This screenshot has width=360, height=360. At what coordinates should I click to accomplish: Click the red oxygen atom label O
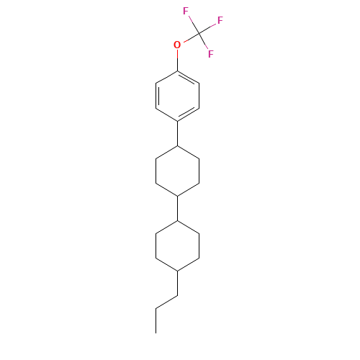coord(177,45)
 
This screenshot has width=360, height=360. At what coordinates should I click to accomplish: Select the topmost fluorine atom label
coord(186,12)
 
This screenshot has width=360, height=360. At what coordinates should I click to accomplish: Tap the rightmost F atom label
coord(220,21)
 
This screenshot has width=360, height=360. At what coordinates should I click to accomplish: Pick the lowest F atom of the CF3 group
coord(210,54)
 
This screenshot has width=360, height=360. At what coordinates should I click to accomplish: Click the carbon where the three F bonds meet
coord(199,32)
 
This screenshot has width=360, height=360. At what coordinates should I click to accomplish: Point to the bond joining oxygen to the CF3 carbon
coord(188,39)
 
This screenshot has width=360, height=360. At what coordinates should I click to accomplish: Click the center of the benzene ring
coord(177,96)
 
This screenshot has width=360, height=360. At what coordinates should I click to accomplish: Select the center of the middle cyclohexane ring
coord(177,171)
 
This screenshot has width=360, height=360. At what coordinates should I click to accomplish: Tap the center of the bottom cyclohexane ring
coord(177,246)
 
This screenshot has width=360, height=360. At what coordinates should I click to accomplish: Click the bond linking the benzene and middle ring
coord(177,133)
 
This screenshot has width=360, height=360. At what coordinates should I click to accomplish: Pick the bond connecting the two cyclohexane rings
coord(177,208)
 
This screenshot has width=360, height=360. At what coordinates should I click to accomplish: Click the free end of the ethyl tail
coord(156,308)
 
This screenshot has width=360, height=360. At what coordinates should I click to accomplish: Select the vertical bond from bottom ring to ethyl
coord(177,283)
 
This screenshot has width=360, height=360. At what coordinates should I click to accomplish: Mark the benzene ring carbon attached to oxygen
coord(177,71)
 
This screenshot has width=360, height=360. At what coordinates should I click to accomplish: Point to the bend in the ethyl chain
coord(177,296)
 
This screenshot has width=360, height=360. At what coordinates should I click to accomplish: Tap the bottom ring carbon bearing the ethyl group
coord(177,271)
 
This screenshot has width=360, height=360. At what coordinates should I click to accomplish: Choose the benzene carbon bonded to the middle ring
coord(177,121)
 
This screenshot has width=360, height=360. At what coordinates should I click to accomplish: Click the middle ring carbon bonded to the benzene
coord(177,145)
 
